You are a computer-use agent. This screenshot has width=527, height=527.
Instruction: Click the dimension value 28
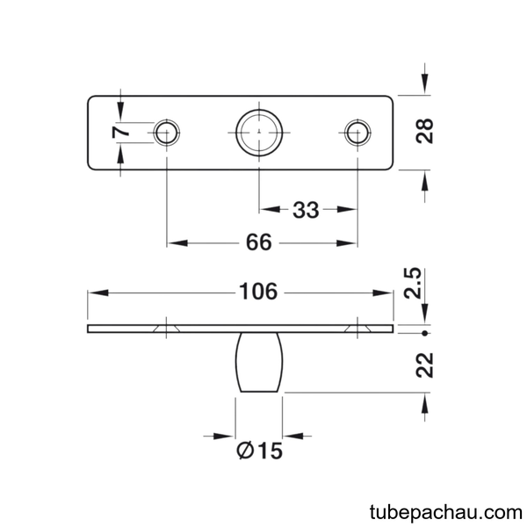(x=424, y=132)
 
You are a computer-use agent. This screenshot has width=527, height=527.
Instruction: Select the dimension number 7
(x=121, y=132)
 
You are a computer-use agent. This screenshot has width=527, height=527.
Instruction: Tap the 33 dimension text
(x=306, y=210)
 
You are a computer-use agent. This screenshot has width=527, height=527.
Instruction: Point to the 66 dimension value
(x=258, y=242)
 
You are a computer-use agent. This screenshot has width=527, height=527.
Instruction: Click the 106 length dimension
(x=258, y=292)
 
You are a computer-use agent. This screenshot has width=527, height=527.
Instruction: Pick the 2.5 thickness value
(x=413, y=283)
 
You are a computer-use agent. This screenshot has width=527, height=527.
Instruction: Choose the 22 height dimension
(x=425, y=365)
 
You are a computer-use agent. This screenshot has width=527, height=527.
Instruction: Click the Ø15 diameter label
(x=259, y=451)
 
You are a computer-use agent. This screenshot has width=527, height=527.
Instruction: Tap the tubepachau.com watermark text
(x=445, y=513)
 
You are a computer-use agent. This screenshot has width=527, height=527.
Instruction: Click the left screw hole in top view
(x=167, y=133)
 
